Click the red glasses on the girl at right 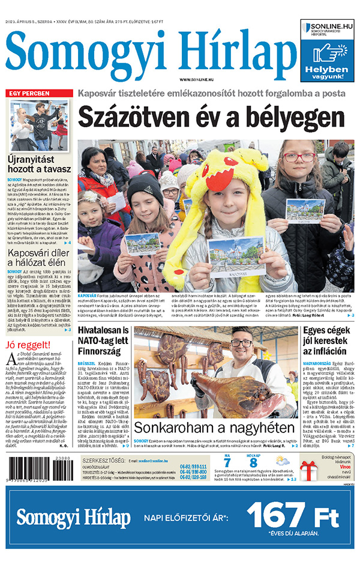click(299, 157)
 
